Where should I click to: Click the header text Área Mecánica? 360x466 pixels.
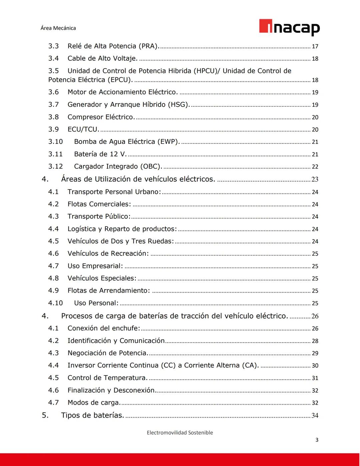[x=58, y=28]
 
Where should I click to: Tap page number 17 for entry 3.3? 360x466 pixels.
[x=315, y=46]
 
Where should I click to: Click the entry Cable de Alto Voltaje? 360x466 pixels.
[x=102, y=58]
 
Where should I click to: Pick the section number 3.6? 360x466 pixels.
[x=53, y=92]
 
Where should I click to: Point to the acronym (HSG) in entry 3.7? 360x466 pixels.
[x=179, y=104]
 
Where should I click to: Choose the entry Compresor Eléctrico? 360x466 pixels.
[x=101, y=117]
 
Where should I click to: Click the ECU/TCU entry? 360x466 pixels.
[x=83, y=129]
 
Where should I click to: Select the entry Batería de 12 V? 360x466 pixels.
[x=100, y=154]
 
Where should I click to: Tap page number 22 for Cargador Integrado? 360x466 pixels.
[x=315, y=167]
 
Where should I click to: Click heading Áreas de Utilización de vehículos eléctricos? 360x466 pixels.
[x=138, y=179]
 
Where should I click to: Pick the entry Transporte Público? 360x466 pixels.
[x=99, y=216]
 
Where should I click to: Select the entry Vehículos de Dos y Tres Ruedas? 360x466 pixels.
[x=121, y=241]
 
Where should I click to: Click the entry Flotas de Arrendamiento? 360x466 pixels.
[x=109, y=291]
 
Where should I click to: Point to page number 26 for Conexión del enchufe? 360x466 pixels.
[x=315, y=329]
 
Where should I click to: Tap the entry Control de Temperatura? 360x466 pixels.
[x=107, y=378]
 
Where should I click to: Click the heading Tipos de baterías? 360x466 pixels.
[x=92, y=415]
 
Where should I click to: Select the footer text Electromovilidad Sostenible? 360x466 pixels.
[x=180, y=433]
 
